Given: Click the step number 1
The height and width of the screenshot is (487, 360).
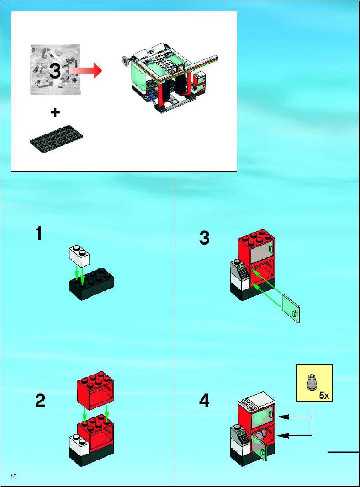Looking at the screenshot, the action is [x=39, y=234].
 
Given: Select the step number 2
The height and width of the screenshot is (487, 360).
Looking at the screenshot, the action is [x=40, y=401].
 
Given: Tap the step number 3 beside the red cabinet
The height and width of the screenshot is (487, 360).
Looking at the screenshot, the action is [x=204, y=238].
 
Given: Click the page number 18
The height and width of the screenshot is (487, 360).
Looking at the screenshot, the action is [x=13, y=476].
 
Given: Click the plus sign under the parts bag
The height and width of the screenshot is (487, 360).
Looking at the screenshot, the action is [x=55, y=112].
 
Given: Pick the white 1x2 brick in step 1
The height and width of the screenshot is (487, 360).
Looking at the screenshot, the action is [x=79, y=256].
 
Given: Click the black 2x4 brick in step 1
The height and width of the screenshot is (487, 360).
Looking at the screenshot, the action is [x=91, y=284].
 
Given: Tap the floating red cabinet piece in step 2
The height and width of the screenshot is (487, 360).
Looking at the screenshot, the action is [x=95, y=391].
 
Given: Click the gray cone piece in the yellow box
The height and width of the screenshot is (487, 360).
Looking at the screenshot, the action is [x=311, y=382].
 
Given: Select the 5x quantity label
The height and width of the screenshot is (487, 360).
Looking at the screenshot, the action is [x=324, y=396].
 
